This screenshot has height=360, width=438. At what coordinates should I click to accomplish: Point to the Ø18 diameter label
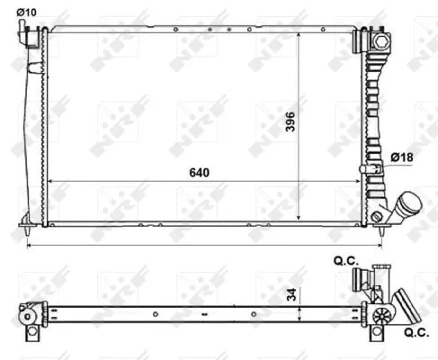point(401,158)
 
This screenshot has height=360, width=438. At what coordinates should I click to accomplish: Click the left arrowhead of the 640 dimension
point(51,181)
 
